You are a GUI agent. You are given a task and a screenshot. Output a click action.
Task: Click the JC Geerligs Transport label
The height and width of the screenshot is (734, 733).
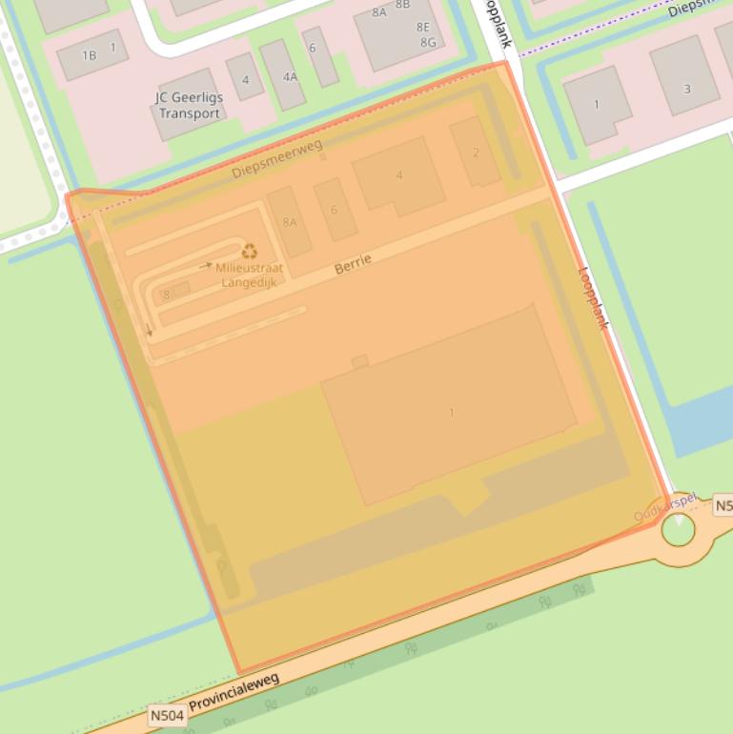[188, 106]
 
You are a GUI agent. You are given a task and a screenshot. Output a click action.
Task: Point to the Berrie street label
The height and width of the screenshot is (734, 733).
[353, 264]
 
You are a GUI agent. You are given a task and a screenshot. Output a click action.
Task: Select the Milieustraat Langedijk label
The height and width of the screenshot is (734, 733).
[250, 275]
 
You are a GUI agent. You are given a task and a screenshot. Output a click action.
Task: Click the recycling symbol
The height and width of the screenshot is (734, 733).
[250, 252]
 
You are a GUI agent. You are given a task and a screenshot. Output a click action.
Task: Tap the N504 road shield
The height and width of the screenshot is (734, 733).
[167, 714]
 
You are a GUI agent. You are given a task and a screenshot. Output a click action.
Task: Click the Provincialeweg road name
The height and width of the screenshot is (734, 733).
[234, 692]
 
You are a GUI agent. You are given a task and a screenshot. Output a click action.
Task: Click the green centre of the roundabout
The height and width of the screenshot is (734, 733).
[678, 528]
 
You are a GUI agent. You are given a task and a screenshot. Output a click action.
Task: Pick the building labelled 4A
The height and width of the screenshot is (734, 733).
[283, 74]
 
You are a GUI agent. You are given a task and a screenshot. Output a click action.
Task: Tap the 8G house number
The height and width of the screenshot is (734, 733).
[428, 43]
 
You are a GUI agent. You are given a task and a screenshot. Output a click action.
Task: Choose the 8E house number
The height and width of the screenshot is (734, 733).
[423, 27]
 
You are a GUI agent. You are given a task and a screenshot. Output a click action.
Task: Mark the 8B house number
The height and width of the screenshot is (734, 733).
[402, 5]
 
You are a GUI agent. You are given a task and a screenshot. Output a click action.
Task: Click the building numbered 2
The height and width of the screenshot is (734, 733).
[476, 152]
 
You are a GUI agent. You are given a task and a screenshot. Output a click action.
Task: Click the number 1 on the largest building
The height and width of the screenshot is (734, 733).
[451, 412]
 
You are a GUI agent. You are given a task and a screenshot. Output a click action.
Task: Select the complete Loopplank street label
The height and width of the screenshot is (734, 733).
[592, 296]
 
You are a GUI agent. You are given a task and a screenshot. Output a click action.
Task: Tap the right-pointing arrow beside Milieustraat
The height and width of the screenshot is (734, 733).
[206, 266]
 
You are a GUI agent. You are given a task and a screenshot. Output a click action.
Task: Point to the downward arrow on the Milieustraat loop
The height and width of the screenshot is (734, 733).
[150, 331]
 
